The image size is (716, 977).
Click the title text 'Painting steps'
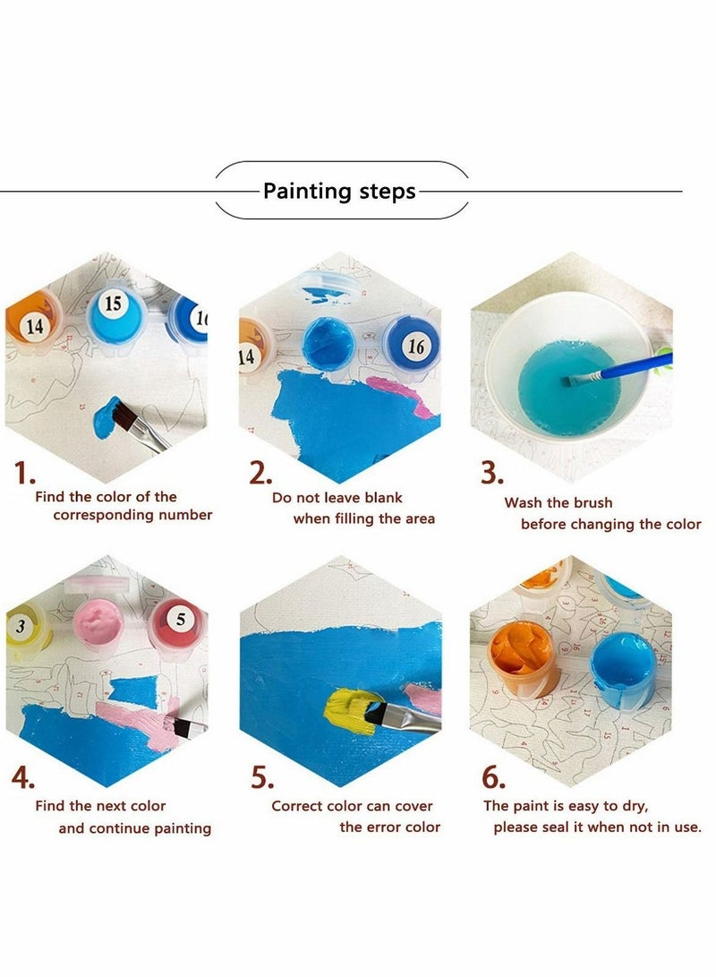[x=339, y=191]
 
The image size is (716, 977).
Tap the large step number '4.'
[x=25, y=777]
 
